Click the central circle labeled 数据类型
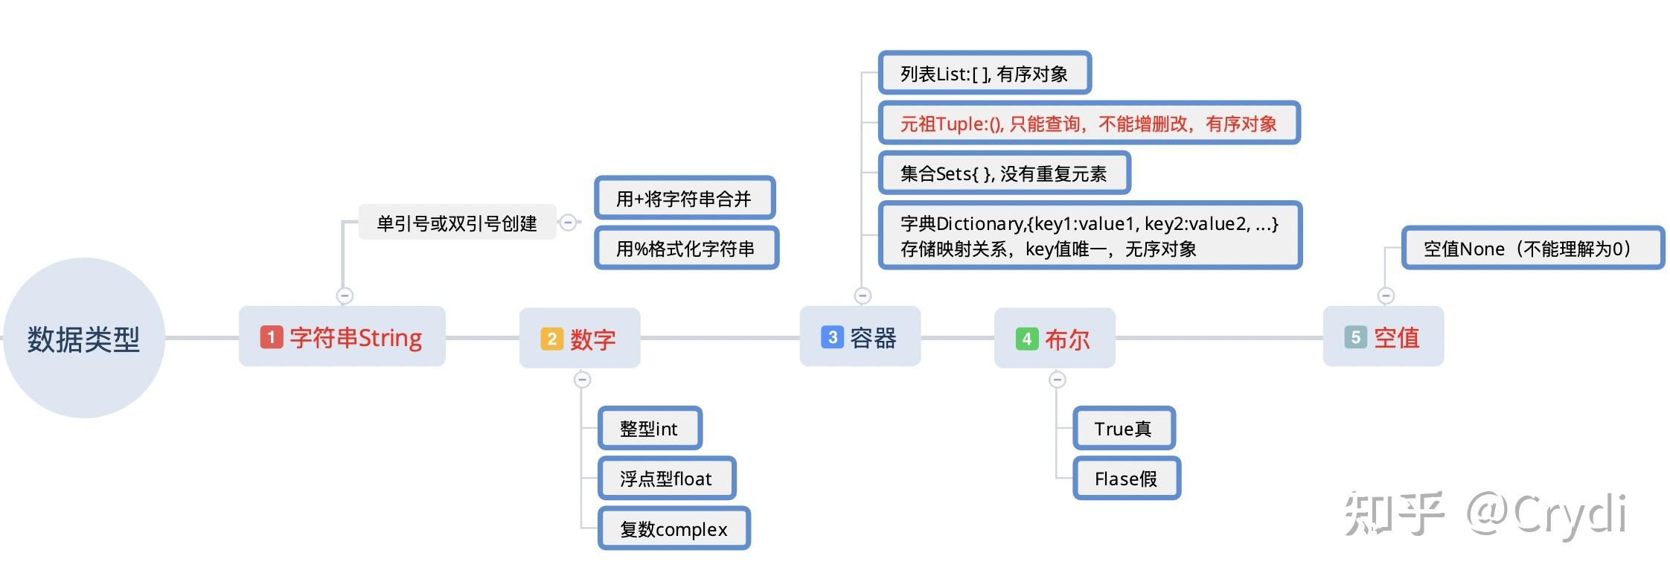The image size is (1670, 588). click(x=83, y=338)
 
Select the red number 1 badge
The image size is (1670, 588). click(x=271, y=337)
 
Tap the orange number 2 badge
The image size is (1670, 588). click(x=551, y=339)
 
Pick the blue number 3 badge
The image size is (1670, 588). click(x=832, y=337)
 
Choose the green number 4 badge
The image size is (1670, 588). click(x=1027, y=339)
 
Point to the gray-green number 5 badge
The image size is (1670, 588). click(x=1355, y=337)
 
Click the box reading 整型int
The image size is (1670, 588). click(x=650, y=428)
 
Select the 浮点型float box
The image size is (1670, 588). click(x=667, y=478)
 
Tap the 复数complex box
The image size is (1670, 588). click(x=674, y=528)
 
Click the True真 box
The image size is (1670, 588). click(x=1124, y=428)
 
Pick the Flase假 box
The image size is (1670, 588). click(x=1127, y=478)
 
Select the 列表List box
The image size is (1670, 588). click(x=985, y=73)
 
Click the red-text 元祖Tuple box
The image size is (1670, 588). click(x=1090, y=123)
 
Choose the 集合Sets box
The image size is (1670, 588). click(x=1004, y=173)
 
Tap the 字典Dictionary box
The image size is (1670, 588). click(x=1090, y=235)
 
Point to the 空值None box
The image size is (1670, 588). click(x=1533, y=248)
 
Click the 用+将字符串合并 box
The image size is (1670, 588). click(x=685, y=198)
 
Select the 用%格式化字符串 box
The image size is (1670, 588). click(x=686, y=248)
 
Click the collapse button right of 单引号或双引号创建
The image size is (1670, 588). click(x=568, y=222)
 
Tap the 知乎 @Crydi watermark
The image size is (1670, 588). click(x=1485, y=514)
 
